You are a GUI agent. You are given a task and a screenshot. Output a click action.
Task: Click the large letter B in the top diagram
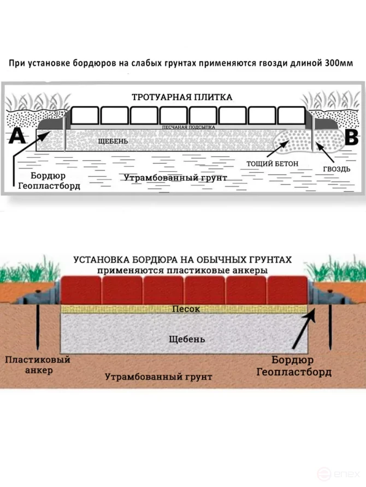tap(350, 136)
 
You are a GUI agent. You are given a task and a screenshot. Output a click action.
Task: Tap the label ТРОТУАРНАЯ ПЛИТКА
tap(182, 97)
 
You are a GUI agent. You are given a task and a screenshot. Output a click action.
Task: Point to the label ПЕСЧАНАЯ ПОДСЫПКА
tap(188, 127)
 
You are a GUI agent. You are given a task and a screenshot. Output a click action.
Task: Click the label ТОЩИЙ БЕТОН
tap(265, 163)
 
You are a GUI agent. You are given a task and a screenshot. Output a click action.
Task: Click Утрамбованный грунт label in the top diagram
tap(175, 178)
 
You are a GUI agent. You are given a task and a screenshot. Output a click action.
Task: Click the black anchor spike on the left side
tap(37, 327)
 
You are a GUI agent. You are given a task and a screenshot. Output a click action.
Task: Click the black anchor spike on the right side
tap(331, 327)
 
